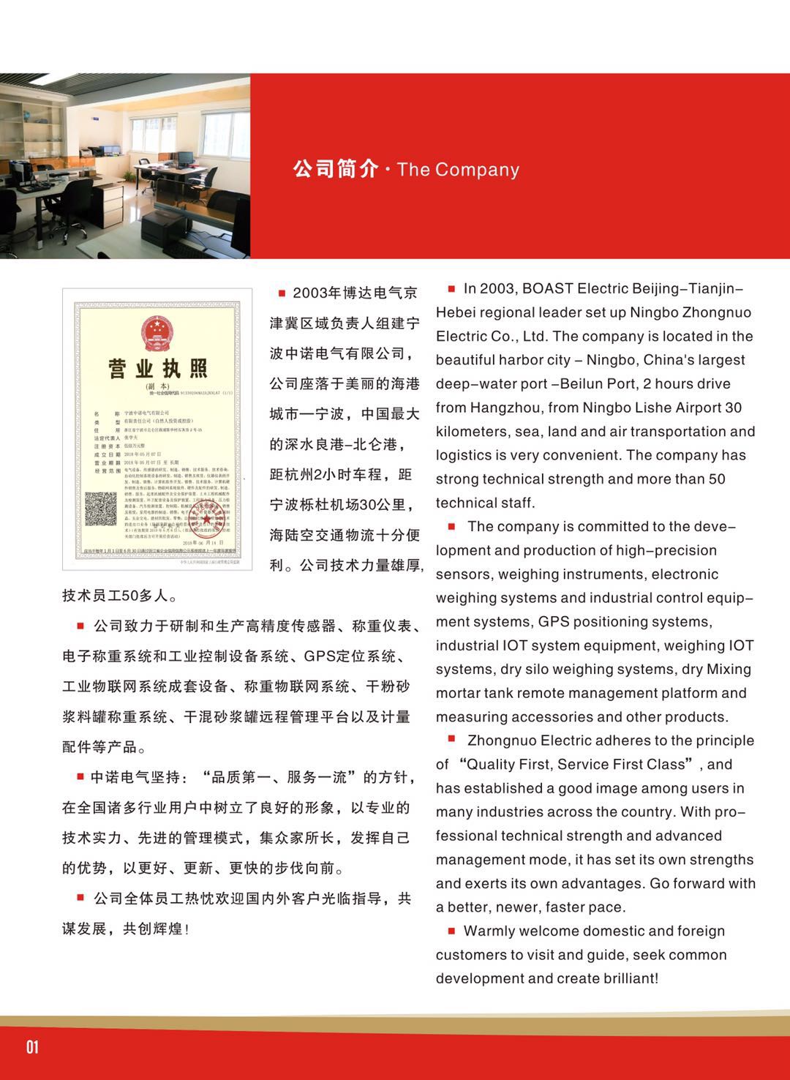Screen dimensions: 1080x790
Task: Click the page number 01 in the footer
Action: [32, 1046]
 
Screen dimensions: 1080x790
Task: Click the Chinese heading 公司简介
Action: [335, 169]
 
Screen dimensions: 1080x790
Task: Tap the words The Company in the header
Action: [458, 170]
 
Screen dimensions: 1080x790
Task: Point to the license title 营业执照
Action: [157, 368]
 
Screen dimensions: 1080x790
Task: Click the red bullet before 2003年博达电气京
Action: [282, 293]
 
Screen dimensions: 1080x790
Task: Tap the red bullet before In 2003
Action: [451, 289]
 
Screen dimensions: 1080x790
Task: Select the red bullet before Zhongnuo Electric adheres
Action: [451, 740]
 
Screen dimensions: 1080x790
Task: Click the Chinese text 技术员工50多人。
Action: [120, 596]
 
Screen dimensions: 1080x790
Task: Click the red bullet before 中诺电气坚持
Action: [80, 777]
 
